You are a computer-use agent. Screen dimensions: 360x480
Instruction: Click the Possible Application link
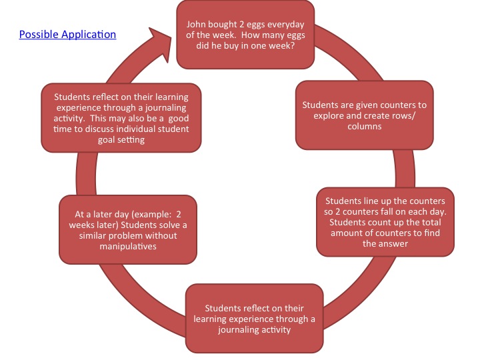pyautogui.click(x=67, y=35)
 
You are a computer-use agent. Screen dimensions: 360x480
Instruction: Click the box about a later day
pyautogui.click(x=127, y=228)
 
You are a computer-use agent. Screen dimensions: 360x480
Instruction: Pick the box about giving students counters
pyautogui.click(x=364, y=115)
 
